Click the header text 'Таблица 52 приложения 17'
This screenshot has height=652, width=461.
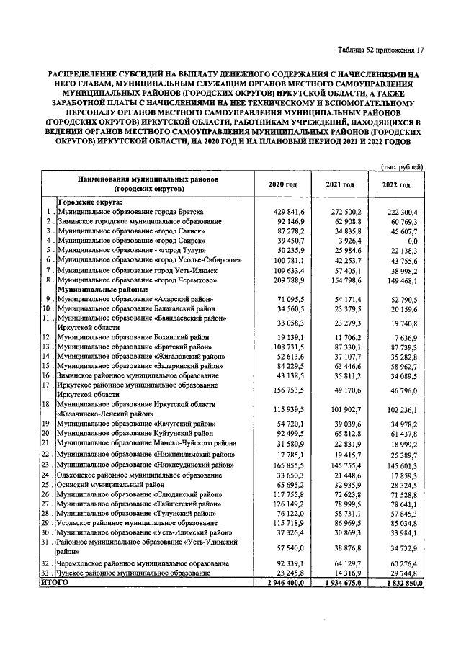tap(380, 50)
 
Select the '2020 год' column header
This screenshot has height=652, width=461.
tap(282, 185)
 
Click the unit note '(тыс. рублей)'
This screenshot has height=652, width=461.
tap(400, 167)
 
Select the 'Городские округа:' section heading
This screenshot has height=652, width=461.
tap(90, 202)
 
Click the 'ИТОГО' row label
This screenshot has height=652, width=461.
tap(55, 581)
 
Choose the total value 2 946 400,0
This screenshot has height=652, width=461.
tap(282, 582)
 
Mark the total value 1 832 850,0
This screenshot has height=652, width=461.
tap(397, 582)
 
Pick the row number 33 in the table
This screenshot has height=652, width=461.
tap(47, 572)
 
